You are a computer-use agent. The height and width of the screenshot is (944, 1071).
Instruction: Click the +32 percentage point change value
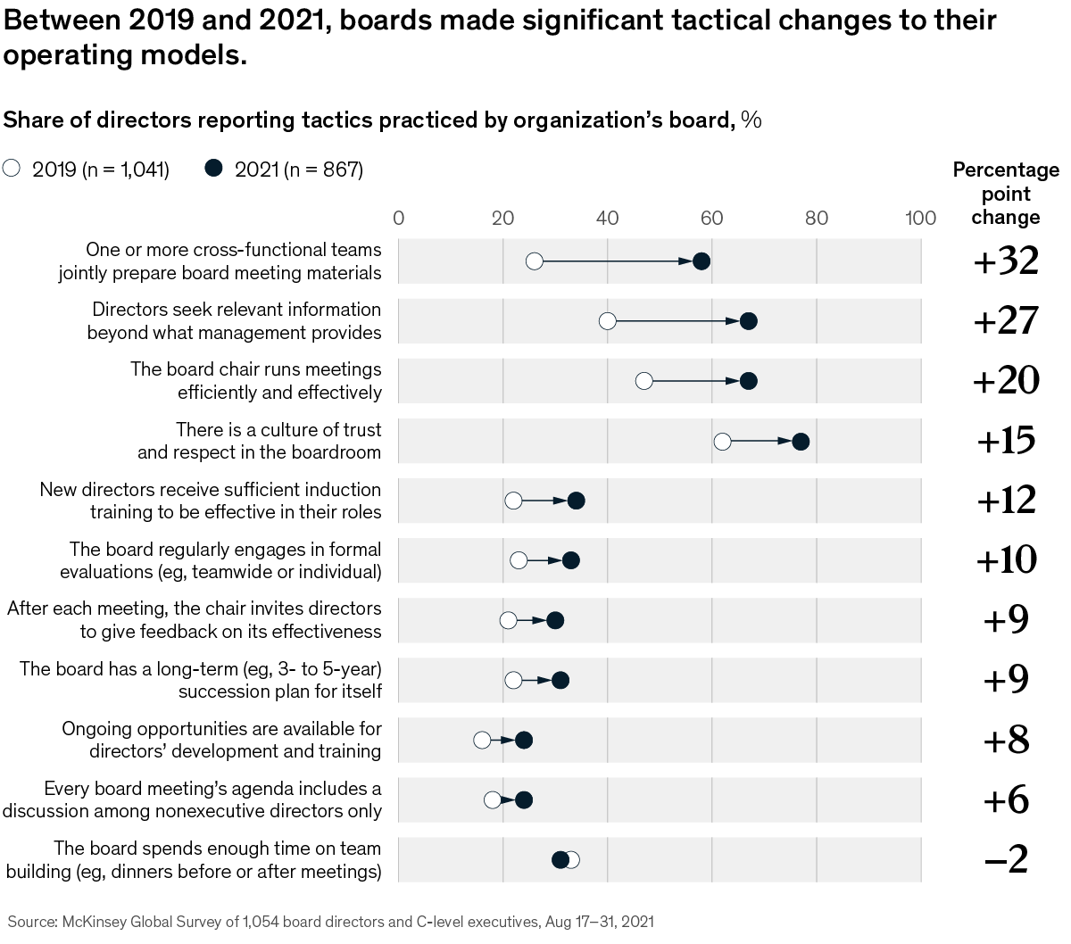click(1006, 261)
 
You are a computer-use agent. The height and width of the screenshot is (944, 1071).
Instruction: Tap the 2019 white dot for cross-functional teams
click(535, 261)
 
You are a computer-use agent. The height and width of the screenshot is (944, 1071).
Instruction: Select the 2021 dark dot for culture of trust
click(801, 442)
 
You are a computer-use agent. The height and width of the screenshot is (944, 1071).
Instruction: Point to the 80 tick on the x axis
click(816, 219)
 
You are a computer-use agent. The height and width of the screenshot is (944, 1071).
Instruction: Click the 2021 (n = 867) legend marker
click(213, 169)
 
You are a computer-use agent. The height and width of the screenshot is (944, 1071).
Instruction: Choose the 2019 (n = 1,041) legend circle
click(12, 169)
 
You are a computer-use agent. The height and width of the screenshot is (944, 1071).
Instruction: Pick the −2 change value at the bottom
click(1006, 860)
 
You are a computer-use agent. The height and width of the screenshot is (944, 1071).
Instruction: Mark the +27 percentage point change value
click(1006, 320)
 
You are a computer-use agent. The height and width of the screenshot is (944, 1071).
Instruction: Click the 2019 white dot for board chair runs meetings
click(644, 381)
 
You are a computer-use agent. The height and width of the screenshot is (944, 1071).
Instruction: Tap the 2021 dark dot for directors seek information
click(748, 321)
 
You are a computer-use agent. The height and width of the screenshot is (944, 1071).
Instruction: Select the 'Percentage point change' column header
click(1006, 194)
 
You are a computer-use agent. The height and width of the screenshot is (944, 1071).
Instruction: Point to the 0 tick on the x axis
click(398, 219)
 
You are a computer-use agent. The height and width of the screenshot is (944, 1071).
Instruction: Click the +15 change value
click(1006, 441)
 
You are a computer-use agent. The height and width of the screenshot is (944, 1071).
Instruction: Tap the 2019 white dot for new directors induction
click(513, 501)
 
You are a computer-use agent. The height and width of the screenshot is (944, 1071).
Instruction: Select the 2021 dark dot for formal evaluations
click(571, 560)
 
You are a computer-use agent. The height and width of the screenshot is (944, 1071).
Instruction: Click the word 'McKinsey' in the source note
click(94, 922)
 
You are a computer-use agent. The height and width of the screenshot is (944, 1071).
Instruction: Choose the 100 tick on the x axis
click(920, 219)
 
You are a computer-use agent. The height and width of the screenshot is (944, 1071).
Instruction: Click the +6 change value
click(1006, 800)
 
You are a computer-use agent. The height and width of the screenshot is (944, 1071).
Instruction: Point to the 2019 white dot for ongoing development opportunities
click(482, 740)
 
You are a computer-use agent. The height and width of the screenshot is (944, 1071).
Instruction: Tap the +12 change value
click(1006, 501)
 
